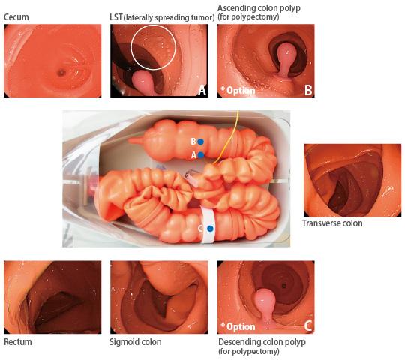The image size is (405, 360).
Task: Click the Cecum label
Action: (x=16, y=17)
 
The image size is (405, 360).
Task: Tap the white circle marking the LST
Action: (x=131, y=47)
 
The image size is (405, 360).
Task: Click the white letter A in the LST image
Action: (x=202, y=91)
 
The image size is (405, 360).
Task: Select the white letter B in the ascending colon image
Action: (x=308, y=90)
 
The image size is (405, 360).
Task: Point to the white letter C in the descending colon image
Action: (x=308, y=326)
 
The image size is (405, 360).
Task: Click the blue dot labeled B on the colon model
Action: (x=200, y=142)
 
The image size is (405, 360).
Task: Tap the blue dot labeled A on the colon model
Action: (x=201, y=155)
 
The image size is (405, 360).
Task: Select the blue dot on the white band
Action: (x=211, y=229)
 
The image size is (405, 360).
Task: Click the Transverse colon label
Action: (x=332, y=223)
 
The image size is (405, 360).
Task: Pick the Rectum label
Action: (x=18, y=342)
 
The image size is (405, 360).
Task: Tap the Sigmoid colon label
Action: (x=136, y=342)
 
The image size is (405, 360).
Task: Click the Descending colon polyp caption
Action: (x=262, y=346)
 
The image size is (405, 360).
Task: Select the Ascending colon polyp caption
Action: (x=259, y=12)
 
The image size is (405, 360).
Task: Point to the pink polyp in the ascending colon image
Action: (x=286, y=58)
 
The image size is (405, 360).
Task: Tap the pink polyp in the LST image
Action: (x=144, y=81)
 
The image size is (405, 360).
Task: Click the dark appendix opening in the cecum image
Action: (x=61, y=72)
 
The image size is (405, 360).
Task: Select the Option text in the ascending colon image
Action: (x=238, y=91)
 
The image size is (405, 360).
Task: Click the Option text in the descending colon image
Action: (x=238, y=326)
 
